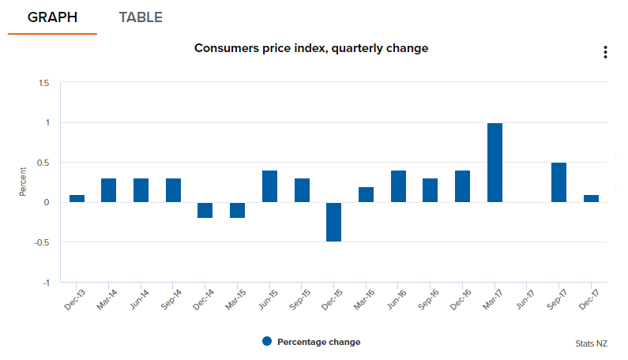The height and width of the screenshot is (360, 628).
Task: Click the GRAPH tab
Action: tap(52, 17)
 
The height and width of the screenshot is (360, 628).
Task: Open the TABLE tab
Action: tap(141, 17)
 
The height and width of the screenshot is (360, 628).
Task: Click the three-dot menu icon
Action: tap(605, 52)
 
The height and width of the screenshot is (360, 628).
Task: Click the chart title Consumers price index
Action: tap(311, 48)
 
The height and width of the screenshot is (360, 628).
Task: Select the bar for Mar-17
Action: tap(495, 163)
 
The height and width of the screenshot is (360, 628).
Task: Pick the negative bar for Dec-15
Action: tap(333, 222)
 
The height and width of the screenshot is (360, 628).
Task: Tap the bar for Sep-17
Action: tap(559, 182)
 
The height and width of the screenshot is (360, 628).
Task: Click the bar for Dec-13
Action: tap(77, 198)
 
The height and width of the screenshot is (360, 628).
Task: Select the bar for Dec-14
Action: tap(205, 210)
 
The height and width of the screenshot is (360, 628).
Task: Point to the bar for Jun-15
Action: tap(269, 186)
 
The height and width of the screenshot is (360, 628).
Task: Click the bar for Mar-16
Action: tap(366, 194)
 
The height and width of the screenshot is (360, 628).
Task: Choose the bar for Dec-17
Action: tap(592, 198)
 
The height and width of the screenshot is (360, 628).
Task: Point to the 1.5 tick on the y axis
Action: tap(43, 83)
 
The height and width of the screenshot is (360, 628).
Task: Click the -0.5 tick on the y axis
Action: tap(42, 242)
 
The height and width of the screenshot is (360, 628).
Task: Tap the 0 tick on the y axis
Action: tap(47, 203)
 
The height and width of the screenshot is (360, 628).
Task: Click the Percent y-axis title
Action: tap(23, 182)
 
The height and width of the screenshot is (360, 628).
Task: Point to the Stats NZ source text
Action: tap(592, 343)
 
